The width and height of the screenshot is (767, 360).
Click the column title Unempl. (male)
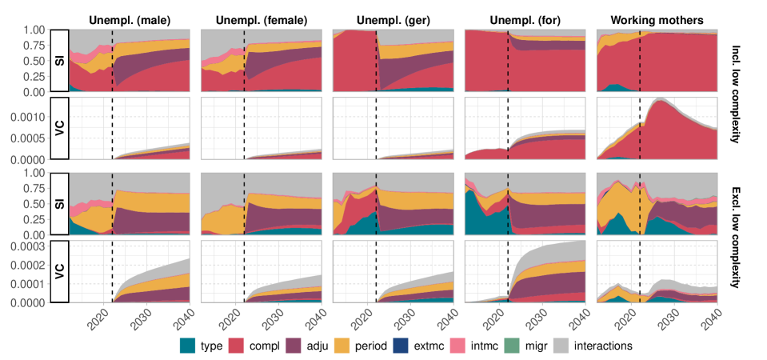[x=130, y=18]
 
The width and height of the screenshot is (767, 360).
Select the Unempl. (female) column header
[x=261, y=18]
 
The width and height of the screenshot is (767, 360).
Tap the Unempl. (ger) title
[x=392, y=18]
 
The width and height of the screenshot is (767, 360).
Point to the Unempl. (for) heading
[x=524, y=18]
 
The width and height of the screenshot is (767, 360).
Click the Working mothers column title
[x=656, y=18]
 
